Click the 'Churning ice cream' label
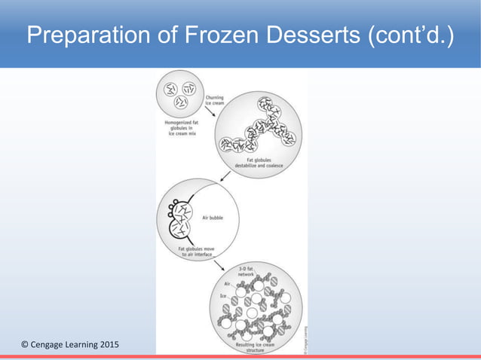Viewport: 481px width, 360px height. [x=215, y=99]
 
